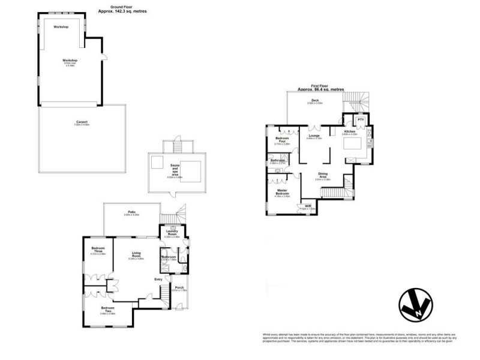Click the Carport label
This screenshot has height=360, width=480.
click(x=81, y=122)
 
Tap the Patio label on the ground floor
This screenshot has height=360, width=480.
click(x=131, y=212)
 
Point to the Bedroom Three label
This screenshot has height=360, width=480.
click(x=98, y=250)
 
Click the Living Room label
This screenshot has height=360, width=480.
click(x=137, y=255)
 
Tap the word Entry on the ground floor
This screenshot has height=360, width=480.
click(x=158, y=279)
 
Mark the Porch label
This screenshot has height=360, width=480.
click(x=179, y=287)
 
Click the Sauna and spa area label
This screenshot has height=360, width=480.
click(x=175, y=172)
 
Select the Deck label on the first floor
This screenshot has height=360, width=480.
click(x=314, y=100)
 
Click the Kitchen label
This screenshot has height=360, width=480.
click(x=350, y=131)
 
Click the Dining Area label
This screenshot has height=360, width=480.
click(x=323, y=175)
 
